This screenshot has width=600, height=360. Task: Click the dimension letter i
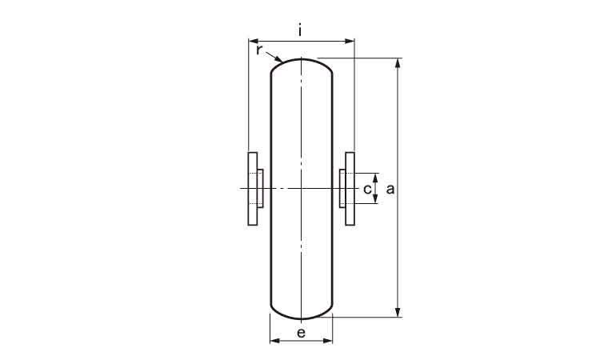point(300,30)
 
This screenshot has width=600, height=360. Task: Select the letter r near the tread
point(259,50)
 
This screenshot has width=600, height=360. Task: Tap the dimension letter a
point(390,189)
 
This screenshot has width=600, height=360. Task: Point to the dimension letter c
point(367,189)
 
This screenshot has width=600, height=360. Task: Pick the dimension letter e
point(301,333)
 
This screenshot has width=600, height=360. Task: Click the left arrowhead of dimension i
point(254,41)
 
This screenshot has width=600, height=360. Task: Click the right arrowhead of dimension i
point(350,41)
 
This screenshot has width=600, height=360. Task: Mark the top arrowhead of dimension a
point(398,63)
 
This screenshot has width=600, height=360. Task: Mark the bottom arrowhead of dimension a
point(398,312)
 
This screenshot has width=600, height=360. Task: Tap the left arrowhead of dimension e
point(275,341)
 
